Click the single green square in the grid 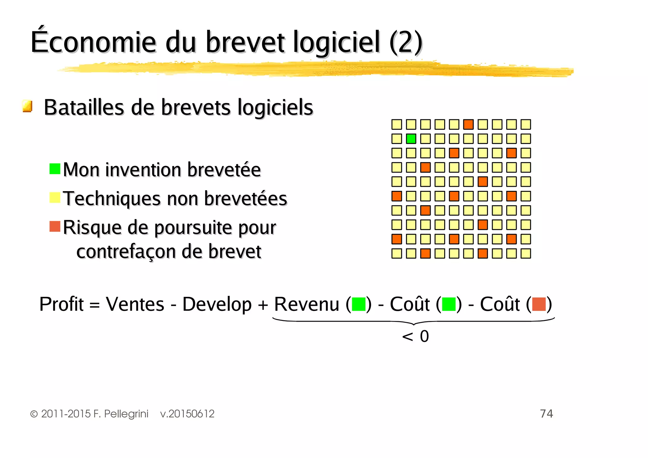pyautogui.click(x=411, y=139)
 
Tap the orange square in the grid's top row pyautogui.click(x=468, y=124)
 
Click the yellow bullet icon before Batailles pyautogui.click(x=28, y=106)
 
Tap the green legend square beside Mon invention pyautogui.click(x=55, y=169)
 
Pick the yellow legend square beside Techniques pyautogui.click(x=55, y=198)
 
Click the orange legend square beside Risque pyautogui.click(x=55, y=226)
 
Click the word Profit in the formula pyautogui.click(x=61, y=304)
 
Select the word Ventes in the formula pyautogui.click(x=135, y=304)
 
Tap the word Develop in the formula pyautogui.click(x=217, y=304)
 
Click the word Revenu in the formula pyautogui.click(x=306, y=304)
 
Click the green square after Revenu pyautogui.click(x=358, y=304)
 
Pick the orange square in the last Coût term pyautogui.click(x=539, y=304)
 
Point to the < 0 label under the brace pyautogui.click(x=415, y=336)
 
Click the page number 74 pyautogui.click(x=546, y=414)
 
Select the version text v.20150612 pyautogui.click(x=187, y=414)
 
